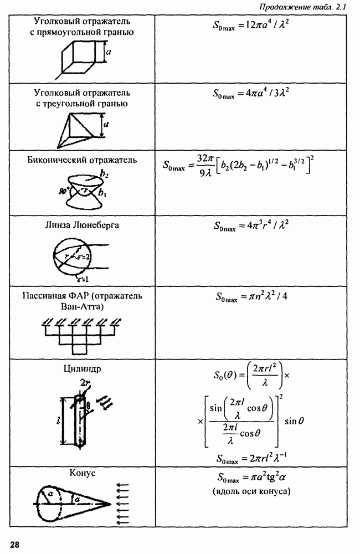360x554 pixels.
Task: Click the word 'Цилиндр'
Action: (81, 368)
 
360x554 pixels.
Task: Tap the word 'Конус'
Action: (82, 474)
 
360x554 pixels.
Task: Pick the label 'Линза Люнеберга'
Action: (82, 225)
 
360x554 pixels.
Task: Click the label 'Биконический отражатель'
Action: (82, 160)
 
